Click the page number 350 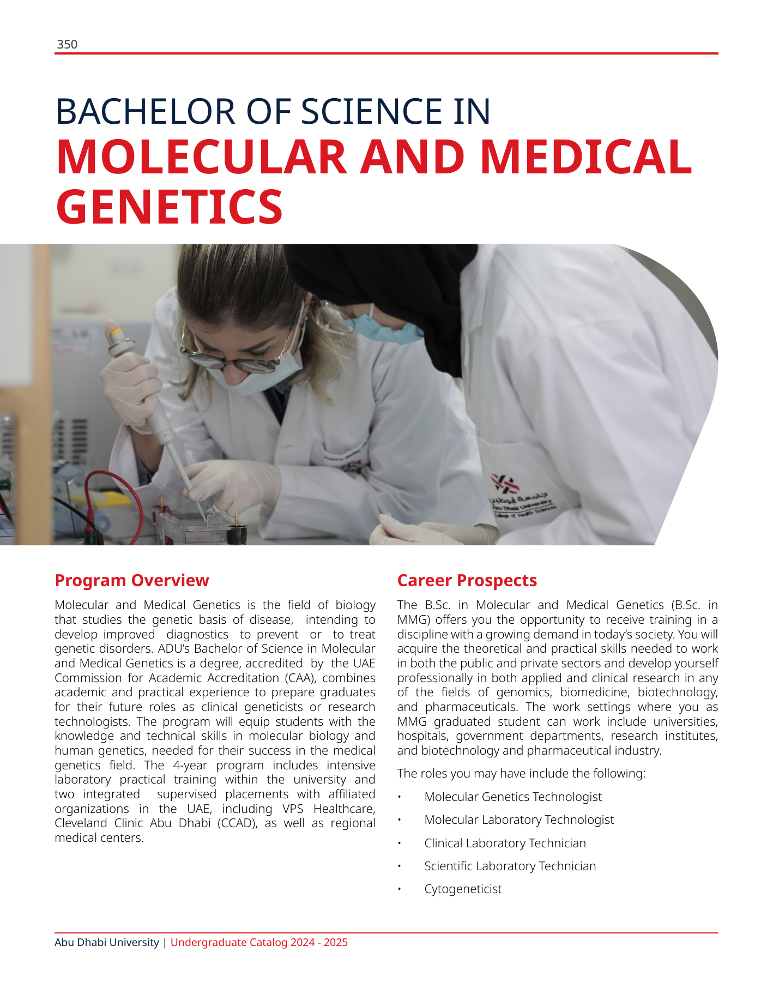click(x=67, y=45)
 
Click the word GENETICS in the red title click(x=170, y=207)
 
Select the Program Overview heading click(x=132, y=580)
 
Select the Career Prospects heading click(x=467, y=580)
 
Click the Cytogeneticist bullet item click(x=463, y=889)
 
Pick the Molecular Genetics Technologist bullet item click(x=513, y=797)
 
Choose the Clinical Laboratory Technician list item click(x=505, y=843)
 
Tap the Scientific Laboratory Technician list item click(x=510, y=866)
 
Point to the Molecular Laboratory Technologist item click(x=519, y=820)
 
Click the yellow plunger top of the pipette click(x=114, y=330)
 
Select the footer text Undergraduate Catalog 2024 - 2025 click(x=259, y=942)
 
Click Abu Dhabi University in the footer click(x=107, y=942)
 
